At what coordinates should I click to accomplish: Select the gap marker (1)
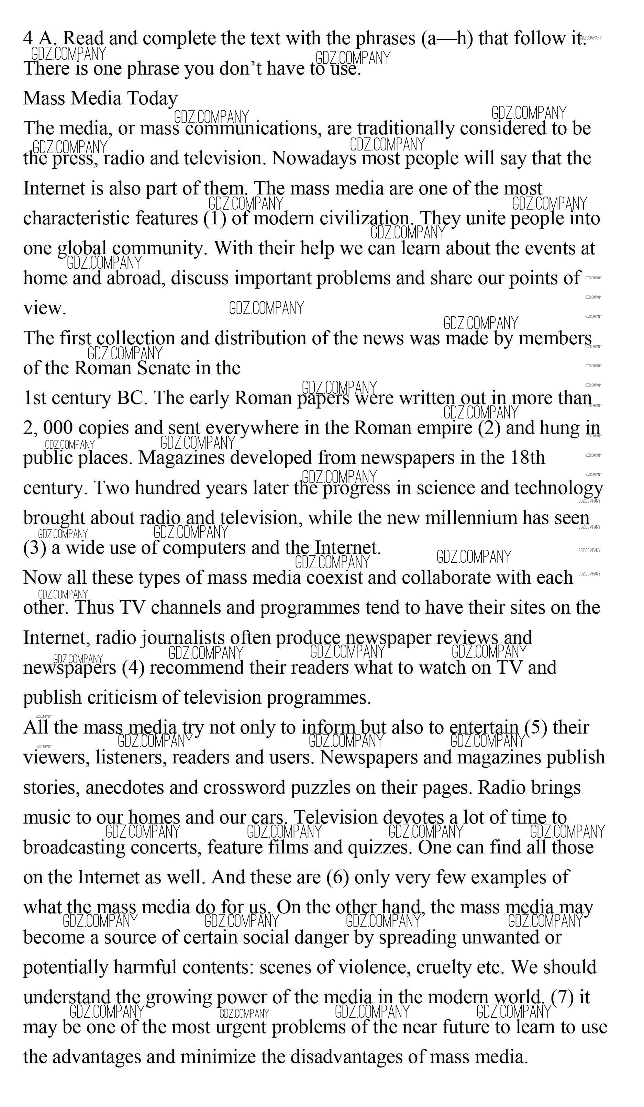coord(215,218)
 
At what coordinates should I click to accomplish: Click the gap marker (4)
coord(133,668)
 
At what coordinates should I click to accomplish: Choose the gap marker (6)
coord(338,877)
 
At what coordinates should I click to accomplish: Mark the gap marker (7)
coord(562,997)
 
